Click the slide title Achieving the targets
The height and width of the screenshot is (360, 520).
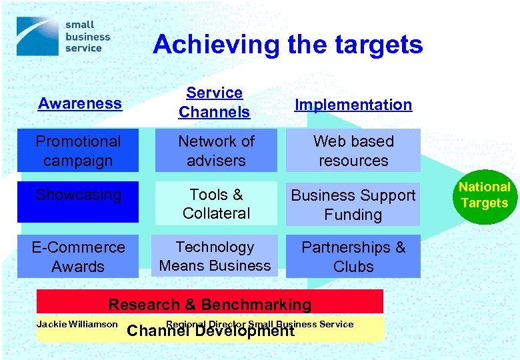[x=287, y=45]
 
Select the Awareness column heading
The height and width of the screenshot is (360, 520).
[x=80, y=103]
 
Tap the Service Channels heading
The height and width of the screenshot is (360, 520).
[x=214, y=103]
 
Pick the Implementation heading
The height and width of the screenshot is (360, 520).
[x=353, y=105]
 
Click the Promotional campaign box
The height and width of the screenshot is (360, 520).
[x=78, y=151]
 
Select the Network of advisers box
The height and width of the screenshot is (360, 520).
[x=217, y=151]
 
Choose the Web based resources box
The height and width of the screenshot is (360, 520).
[x=353, y=151]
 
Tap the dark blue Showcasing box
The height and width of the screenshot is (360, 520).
[x=78, y=203]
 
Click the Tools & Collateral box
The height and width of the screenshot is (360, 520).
[x=217, y=204]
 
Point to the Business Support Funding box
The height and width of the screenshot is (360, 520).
[x=353, y=205]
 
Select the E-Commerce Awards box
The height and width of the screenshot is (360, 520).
[x=78, y=257]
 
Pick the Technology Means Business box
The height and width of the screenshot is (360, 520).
[x=215, y=256]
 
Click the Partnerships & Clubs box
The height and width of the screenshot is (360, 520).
[x=353, y=257]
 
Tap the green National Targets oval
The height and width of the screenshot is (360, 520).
[x=484, y=195]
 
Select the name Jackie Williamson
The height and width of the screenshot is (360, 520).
[x=77, y=325]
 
